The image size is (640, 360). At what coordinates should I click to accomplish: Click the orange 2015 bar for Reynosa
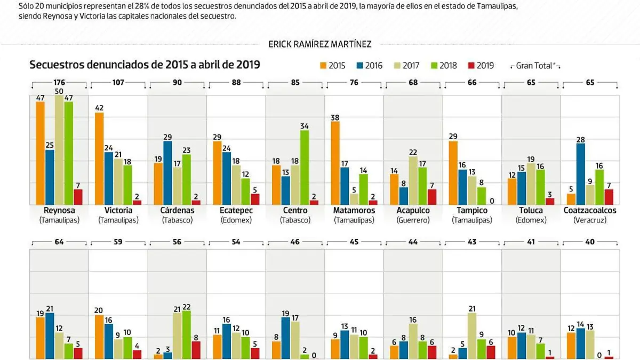(40, 153)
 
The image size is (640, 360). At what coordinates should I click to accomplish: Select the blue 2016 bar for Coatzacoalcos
(581, 174)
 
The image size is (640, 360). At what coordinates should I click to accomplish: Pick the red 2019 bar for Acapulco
(432, 197)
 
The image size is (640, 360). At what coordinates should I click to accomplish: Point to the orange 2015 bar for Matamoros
(335, 163)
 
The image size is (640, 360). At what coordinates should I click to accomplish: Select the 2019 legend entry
(480, 66)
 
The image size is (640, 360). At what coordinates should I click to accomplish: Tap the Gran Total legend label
(535, 66)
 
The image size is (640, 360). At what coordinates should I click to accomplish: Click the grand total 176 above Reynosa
(60, 83)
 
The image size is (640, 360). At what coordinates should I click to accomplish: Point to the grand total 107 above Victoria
(118, 83)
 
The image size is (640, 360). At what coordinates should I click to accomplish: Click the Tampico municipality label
(471, 210)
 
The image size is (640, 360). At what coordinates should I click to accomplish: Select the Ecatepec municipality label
(236, 210)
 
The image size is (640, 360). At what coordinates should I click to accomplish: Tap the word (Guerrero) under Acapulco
(413, 220)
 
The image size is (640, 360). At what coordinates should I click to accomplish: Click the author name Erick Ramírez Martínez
(320, 44)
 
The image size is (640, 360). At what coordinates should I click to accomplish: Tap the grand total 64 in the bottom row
(60, 242)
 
